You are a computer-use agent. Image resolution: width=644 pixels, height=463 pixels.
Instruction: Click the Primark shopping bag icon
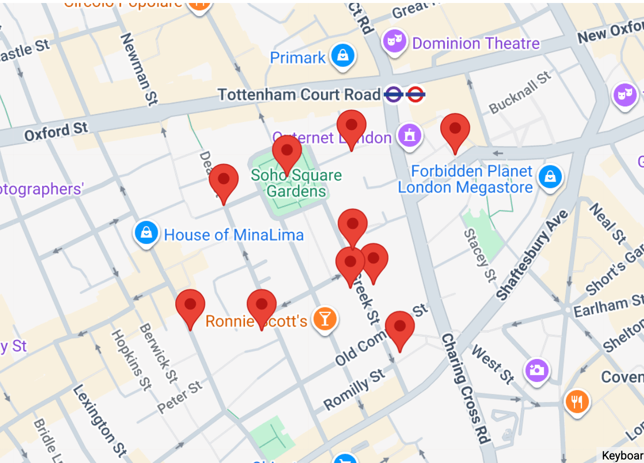point(343,55)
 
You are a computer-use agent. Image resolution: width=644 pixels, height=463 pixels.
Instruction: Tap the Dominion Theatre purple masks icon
point(394,41)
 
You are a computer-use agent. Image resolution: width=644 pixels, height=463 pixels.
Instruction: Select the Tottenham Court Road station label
point(299,94)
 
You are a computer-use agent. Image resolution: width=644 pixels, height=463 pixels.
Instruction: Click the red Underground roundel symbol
point(415,94)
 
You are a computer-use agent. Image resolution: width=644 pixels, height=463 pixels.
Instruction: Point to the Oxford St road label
point(56,132)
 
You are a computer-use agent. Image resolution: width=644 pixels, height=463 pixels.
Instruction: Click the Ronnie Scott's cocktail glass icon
point(325,318)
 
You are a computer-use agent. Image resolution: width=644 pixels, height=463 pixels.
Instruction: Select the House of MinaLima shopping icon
point(147,233)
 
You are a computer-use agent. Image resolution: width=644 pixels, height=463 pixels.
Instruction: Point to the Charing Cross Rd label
point(464,388)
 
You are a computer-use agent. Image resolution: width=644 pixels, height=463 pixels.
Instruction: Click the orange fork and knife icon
point(577,401)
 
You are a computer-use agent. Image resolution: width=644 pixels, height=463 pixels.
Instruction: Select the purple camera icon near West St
point(536,370)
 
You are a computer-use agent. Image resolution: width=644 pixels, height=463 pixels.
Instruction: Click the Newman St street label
point(136,68)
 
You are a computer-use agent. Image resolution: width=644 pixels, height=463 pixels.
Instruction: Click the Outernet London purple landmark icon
point(410,136)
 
